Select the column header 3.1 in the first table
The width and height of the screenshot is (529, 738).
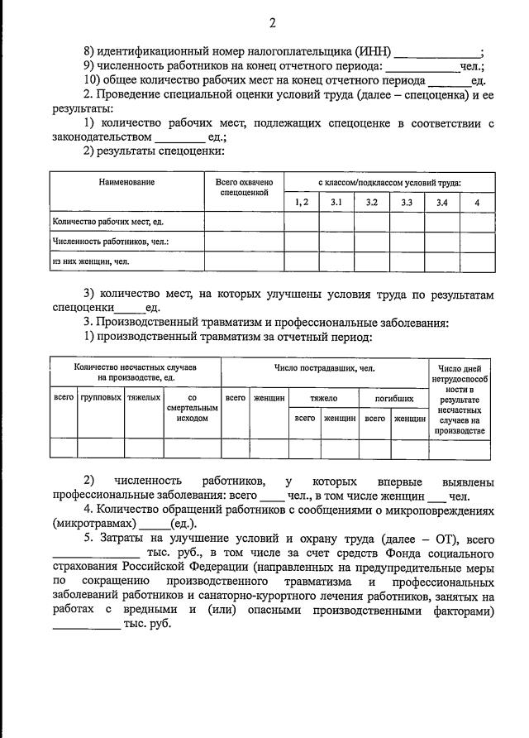(336, 202)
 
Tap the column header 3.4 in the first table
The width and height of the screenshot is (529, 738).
(442, 202)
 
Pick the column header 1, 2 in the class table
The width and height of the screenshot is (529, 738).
(302, 202)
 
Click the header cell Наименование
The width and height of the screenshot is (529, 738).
(126, 182)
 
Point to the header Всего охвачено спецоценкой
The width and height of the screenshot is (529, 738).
(245, 187)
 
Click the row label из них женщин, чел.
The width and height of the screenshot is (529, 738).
(91, 261)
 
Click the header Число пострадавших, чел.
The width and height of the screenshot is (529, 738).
(325, 367)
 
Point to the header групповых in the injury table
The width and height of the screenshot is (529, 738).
(101, 398)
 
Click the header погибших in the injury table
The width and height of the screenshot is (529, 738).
(393, 398)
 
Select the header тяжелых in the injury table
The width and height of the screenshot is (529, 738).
(144, 398)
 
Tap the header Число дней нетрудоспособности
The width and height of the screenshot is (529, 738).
(460, 399)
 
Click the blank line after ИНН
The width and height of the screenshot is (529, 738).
(437, 54)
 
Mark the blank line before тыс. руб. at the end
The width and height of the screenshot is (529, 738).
(86, 626)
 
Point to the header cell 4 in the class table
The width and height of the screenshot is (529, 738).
(476, 202)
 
